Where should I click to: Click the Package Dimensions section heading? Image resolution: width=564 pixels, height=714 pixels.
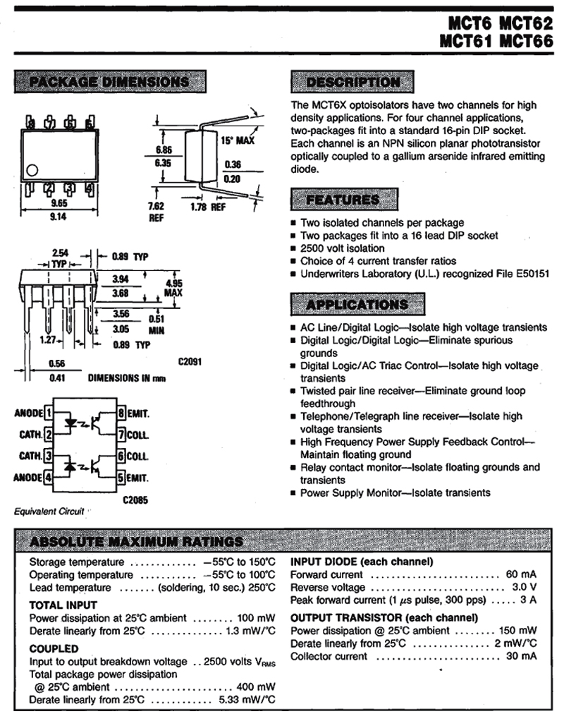tap(105, 81)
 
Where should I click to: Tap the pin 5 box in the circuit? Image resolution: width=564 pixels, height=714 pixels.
tap(121, 478)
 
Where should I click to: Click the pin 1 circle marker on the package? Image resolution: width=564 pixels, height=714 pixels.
tap(31, 169)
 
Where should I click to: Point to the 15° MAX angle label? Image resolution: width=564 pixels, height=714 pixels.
tap(236, 140)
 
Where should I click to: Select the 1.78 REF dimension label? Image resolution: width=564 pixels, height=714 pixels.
tap(208, 208)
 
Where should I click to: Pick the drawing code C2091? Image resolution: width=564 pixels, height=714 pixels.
tap(190, 362)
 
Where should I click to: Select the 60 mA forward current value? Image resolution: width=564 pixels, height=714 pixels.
tap(521, 574)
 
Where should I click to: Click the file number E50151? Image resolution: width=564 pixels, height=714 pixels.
tap(528, 273)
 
